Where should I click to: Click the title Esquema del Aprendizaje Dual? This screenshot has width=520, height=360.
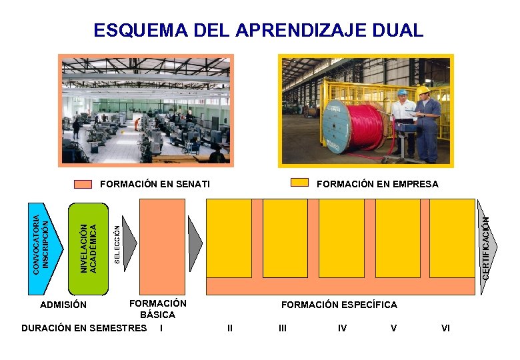pyautogui.click(x=258, y=31)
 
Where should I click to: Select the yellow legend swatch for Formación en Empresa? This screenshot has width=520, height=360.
pyautogui.click(x=301, y=183)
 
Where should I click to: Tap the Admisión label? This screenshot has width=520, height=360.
pyautogui.click(x=63, y=305)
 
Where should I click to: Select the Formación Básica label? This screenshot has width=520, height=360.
pyautogui.click(x=158, y=309)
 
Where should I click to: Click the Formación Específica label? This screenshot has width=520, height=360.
pyautogui.click(x=339, y=305)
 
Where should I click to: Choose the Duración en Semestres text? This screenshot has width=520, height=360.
pyautogui.click(x=84, y=327)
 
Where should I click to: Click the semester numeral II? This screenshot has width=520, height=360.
pyautogui.click(x=230, y=328)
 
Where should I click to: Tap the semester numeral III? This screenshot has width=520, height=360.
pyautogui.click(x=283, y=328)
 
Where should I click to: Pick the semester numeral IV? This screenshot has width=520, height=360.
pyautogui.click(x=342, y=328)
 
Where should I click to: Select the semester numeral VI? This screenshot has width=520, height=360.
pyautogui.click(x=446, y=328)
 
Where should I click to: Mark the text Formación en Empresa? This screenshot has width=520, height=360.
pyautogui.click(x=377, y=184)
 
